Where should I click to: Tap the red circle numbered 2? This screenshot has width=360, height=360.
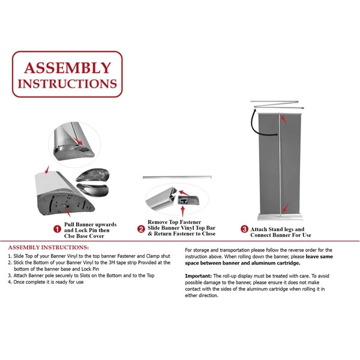(x=142, y=229)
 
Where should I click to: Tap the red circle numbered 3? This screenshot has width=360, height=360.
(x=245, y=229)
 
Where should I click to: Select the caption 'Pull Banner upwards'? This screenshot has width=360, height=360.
(x=91, y=224)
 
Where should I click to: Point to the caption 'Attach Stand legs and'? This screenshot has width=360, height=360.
(x=277, y=229)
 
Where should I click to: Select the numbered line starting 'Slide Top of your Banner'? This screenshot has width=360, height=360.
(x=90, y=256)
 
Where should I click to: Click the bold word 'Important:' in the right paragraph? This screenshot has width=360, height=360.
(x=199, y=275)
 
